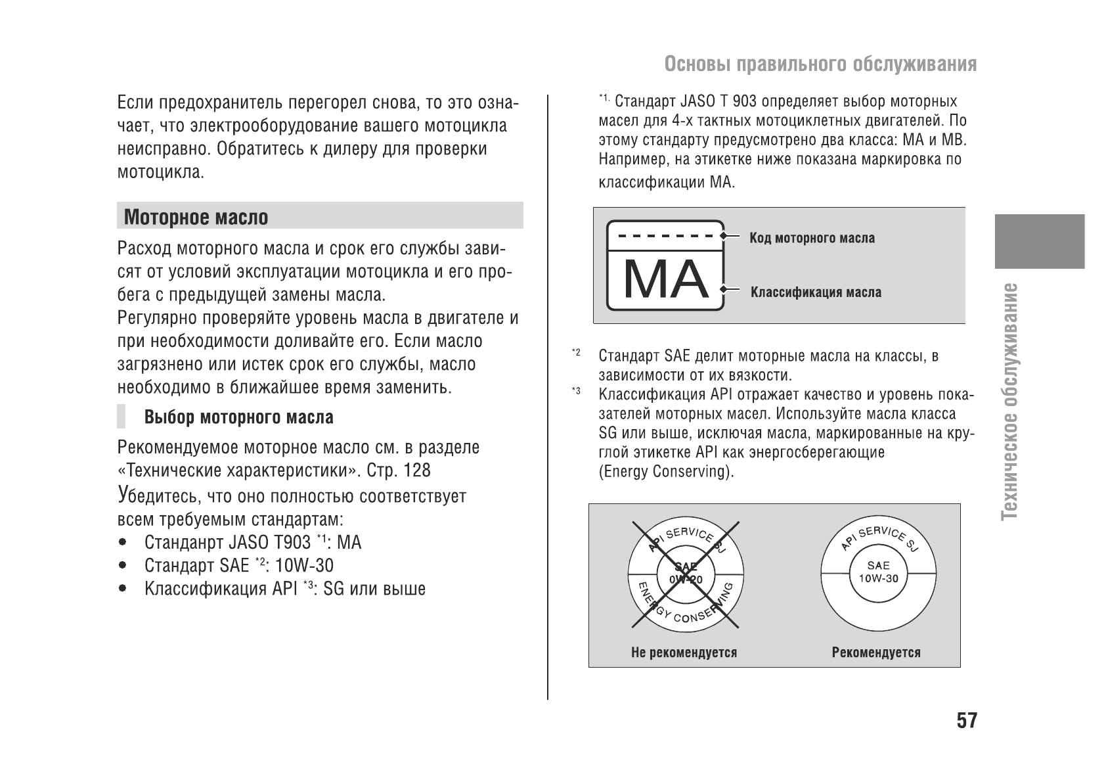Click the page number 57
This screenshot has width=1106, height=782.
click(966, 721)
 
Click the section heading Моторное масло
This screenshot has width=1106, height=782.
click(196, 217)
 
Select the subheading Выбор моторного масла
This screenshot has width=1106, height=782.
click(238, 417)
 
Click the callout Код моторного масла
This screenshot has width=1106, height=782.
click(812, 238)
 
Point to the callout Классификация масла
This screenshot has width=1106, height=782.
click(816, 292)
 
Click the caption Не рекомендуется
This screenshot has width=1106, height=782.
click(684, 653)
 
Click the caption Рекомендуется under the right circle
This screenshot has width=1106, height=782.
click(875, 653)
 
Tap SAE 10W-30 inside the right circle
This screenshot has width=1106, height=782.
click(878, 572)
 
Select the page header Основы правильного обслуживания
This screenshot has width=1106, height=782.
click(820, 64)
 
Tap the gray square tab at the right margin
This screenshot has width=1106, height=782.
click(1039, 241)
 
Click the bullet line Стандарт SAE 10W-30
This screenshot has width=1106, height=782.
click(238, 565)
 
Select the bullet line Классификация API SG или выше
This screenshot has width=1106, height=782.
click(284, 588)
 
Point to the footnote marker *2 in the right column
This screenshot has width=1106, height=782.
click(575, 354)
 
